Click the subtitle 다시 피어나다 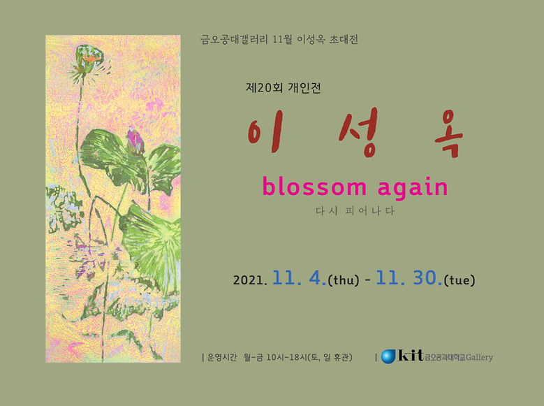pos(355,211)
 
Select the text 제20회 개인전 pos(284,89)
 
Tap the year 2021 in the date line pos(251,281)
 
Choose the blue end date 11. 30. pos(409,279)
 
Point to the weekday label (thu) pos(344,281)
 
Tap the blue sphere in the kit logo pos(389,356)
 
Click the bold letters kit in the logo pos(411,356)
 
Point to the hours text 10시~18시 pos(281,358)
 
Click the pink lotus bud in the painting pos(135,141)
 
